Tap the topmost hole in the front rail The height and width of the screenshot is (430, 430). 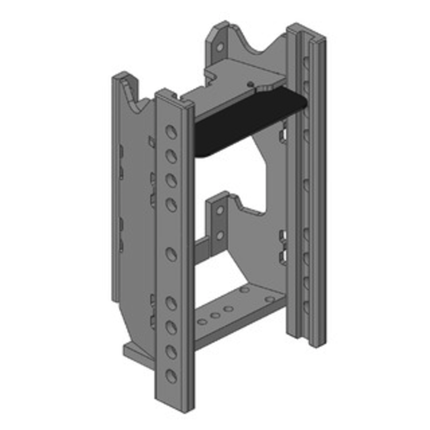(x=170, y=132)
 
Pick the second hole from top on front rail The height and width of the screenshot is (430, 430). (x=171, y=156)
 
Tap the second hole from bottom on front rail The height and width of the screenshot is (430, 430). (x=171, y=351)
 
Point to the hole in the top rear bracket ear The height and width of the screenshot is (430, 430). (x=220, y=47)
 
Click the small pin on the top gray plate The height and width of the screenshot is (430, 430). (x=250, y=84)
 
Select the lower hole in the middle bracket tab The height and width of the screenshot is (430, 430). (x=219, y=234)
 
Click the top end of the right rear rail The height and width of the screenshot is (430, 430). (x=309, y=30)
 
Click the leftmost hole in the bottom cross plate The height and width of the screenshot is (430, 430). (x=202, y=322)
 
